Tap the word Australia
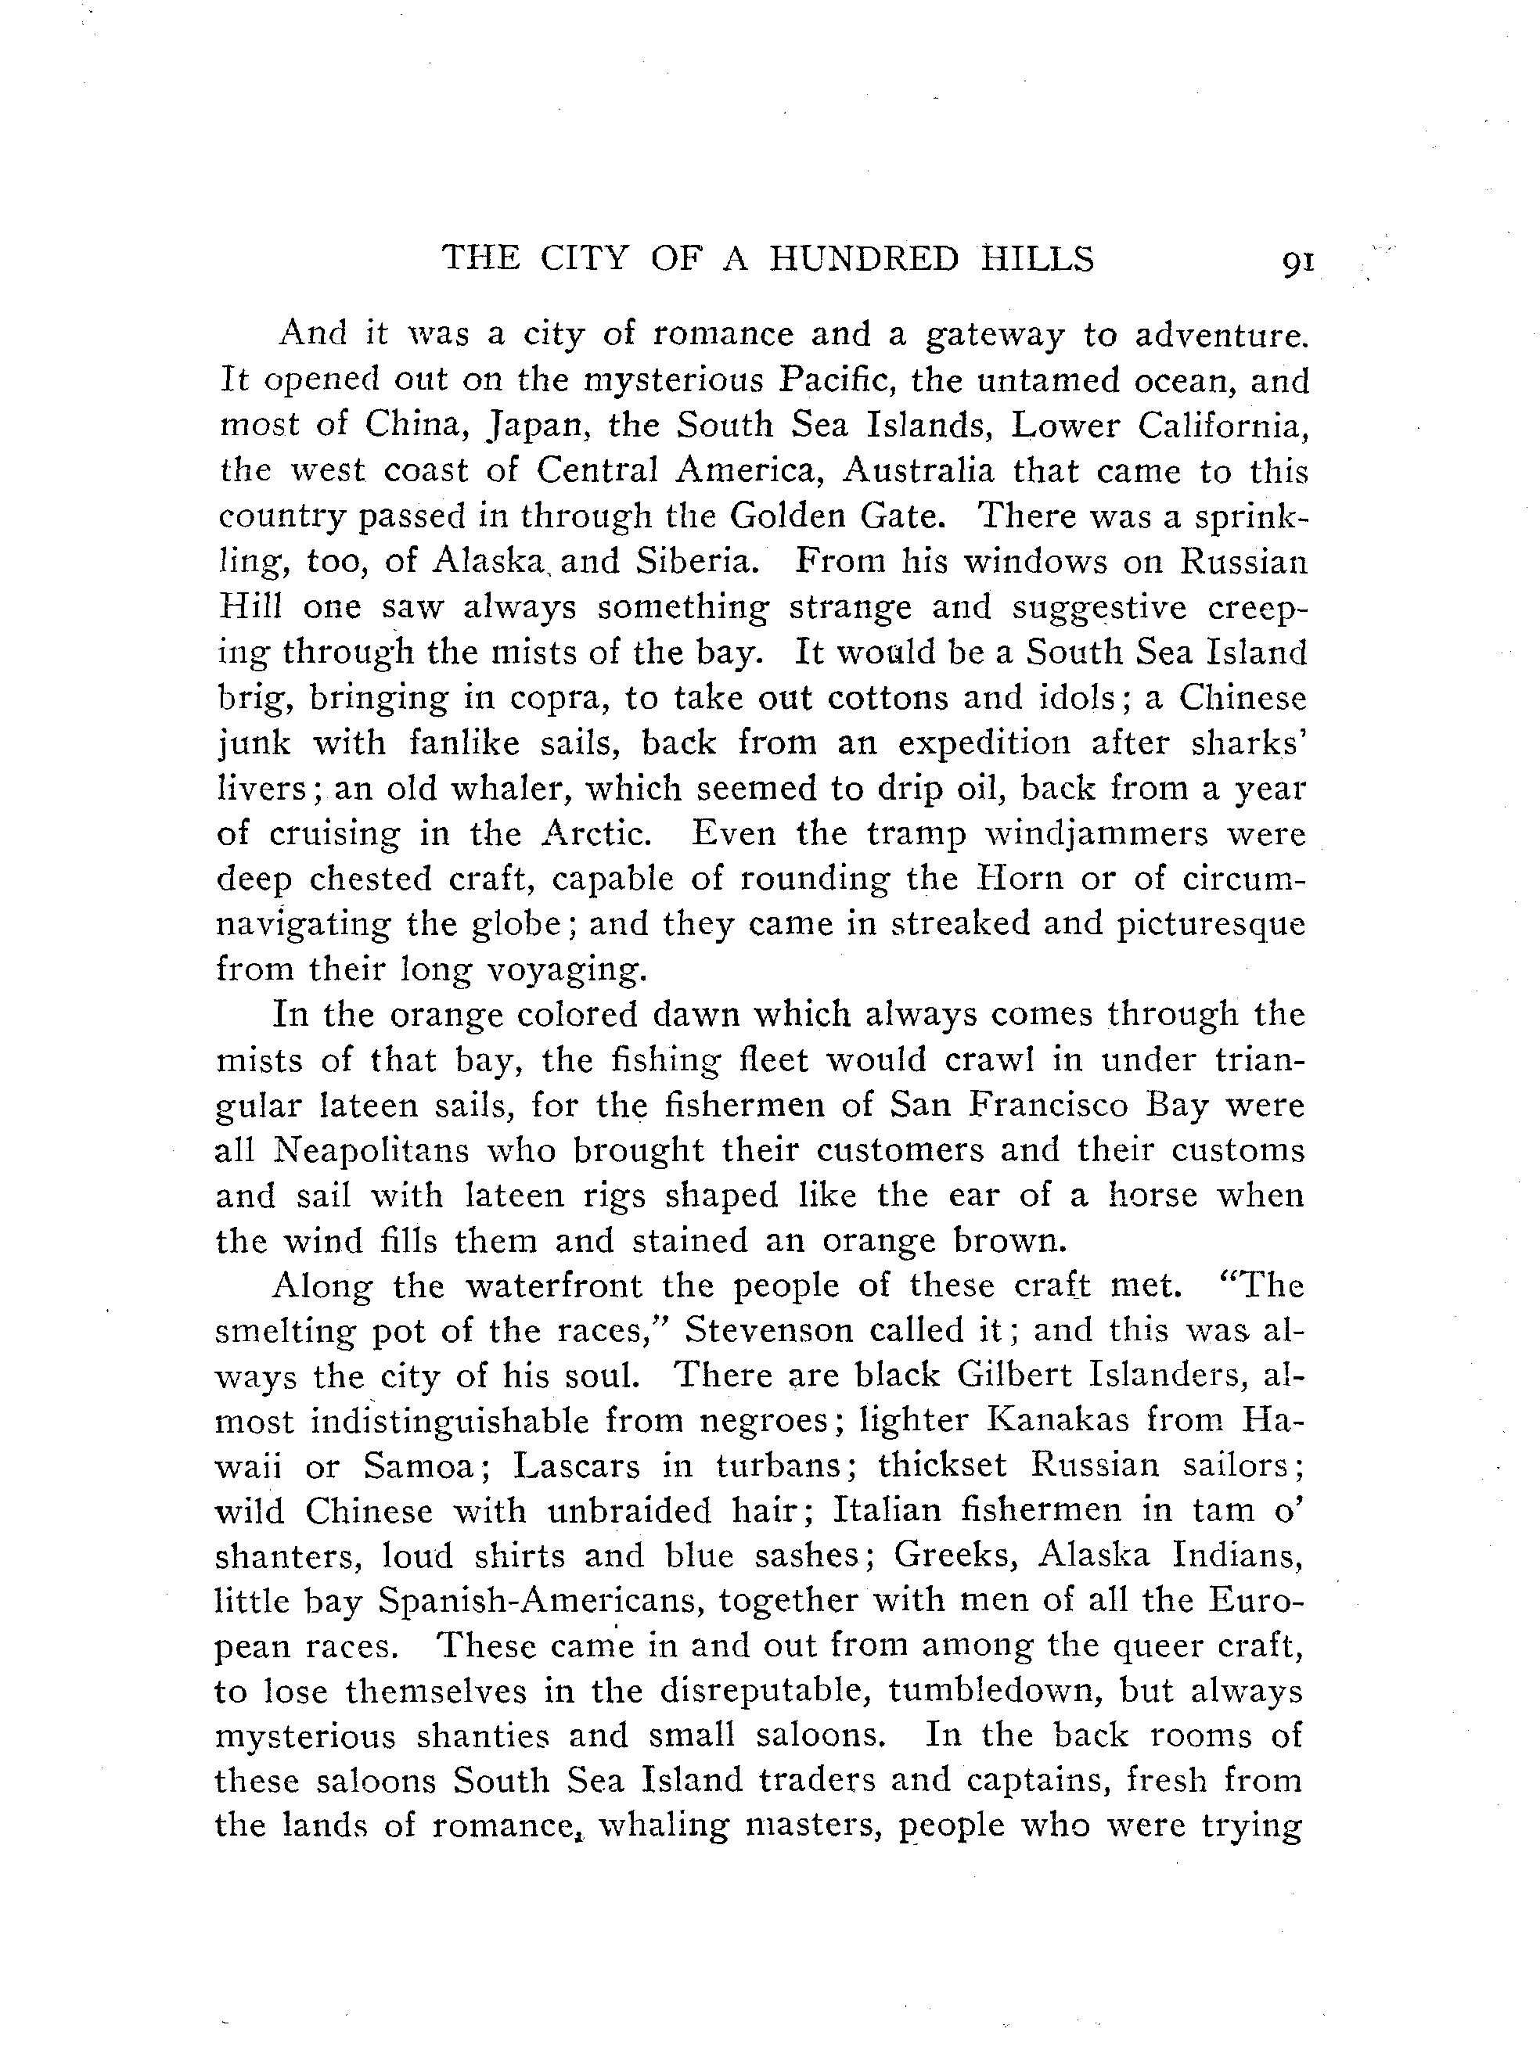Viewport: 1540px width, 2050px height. tap(918, 471)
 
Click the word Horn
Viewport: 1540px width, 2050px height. tap(1023, 879)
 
